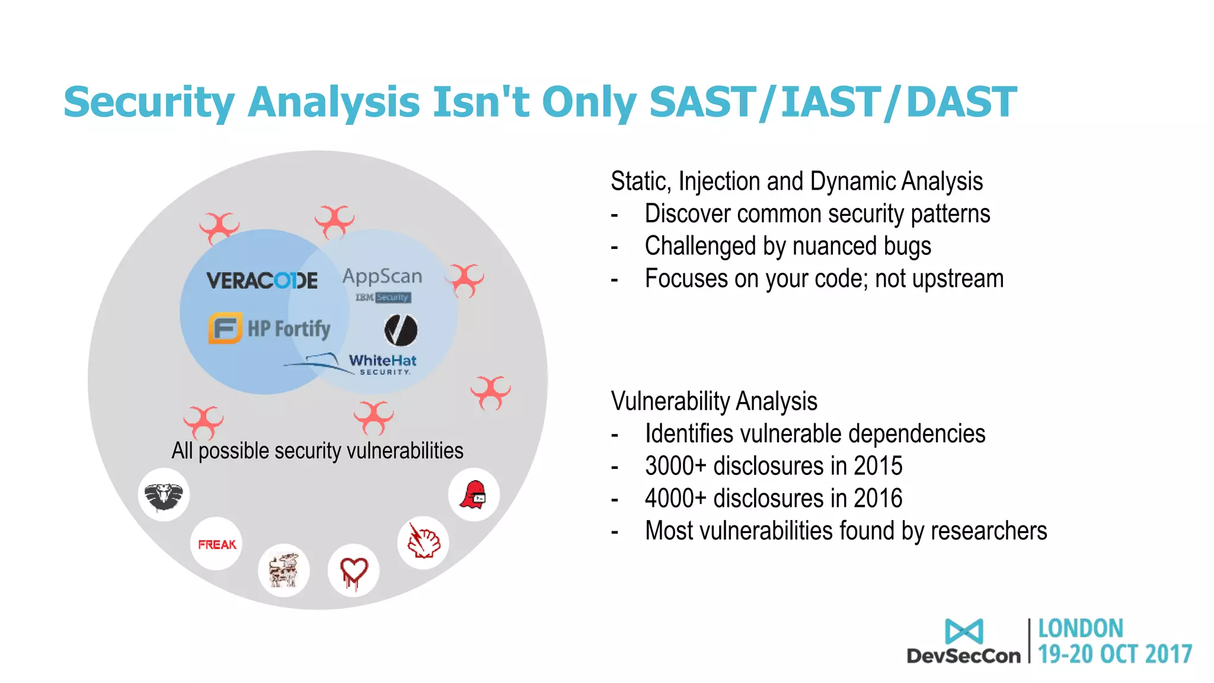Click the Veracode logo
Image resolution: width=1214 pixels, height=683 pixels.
261,280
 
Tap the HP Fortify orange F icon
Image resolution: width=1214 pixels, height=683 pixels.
225,328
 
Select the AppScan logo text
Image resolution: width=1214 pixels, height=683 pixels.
382,276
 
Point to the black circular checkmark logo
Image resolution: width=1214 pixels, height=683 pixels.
401,330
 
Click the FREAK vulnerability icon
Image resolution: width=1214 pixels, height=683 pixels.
217,544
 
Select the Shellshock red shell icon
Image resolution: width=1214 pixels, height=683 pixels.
423,542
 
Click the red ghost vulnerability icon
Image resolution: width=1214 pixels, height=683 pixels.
474,495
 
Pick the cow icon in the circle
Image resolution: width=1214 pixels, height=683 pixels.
284,570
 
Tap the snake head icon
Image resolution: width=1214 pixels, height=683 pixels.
164,495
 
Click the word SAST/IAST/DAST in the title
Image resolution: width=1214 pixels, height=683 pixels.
833,102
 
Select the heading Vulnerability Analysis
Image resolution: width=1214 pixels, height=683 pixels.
714,401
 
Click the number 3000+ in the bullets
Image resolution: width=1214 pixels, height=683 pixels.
676,466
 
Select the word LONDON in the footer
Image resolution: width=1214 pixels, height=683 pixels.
1080,628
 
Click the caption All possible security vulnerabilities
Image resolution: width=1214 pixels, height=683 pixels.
317,451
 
